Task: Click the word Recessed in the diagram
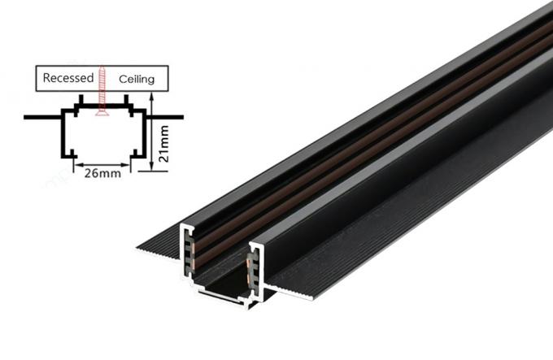(x=68, y=79)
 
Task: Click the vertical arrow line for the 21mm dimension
(x=152, y=138)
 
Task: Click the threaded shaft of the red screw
(x=102, y=89)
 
